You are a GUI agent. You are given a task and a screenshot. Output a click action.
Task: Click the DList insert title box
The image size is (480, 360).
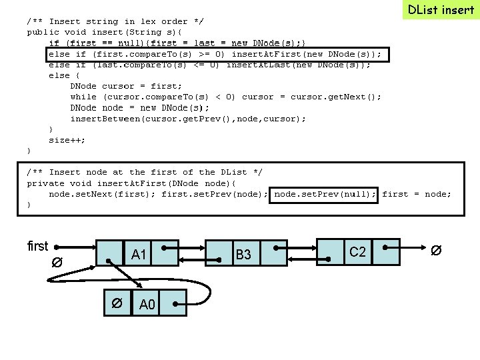coord(441,10)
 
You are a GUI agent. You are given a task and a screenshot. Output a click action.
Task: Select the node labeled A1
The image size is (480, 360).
coord(139,254)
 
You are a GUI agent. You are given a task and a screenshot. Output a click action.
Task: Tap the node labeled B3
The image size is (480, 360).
coord(243,255)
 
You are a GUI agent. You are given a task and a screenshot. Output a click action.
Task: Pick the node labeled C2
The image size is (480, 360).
coord(358,251)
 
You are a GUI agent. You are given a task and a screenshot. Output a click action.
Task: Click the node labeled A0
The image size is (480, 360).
coord(147,305)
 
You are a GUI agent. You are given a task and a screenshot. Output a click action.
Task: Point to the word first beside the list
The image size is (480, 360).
coord(37,246)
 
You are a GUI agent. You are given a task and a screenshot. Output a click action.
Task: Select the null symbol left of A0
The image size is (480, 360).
coord(116,303)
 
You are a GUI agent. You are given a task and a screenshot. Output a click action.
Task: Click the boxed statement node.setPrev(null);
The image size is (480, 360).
coord(325,194)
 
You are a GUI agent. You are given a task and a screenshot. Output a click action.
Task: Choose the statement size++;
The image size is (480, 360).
coord(67,140)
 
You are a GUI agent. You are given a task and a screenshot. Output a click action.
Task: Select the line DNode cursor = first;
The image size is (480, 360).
coord(126,86)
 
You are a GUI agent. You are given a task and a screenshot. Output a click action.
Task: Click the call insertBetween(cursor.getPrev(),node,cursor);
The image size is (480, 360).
coord(188,119)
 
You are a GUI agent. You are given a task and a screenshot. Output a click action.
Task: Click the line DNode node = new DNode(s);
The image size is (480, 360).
coord(139,108)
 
